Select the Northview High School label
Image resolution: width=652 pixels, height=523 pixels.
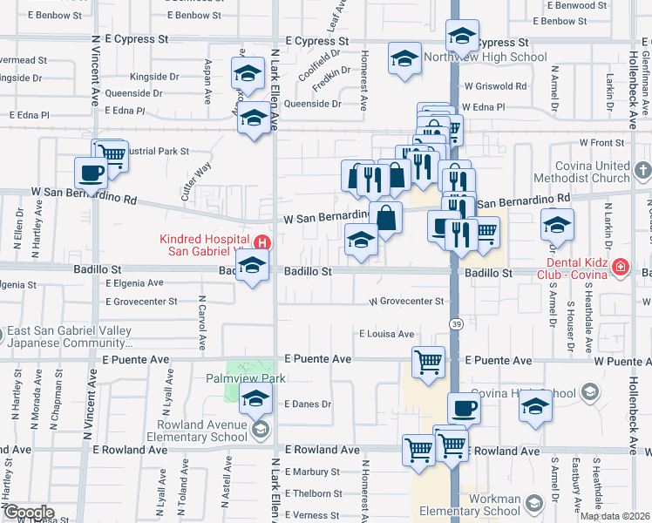485,58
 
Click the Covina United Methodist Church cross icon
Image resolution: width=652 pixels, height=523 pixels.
642,169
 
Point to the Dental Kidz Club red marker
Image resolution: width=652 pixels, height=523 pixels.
620,267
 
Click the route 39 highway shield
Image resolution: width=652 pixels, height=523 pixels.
456,323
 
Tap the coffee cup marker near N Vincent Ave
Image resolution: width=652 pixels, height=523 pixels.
91,173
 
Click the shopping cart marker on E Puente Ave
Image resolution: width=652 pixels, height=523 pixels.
427,361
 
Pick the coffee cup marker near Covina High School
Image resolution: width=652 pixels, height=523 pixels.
464,408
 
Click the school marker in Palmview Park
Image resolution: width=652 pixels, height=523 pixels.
255,401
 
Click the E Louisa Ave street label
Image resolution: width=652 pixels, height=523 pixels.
386,334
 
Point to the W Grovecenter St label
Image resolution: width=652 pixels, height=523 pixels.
406,301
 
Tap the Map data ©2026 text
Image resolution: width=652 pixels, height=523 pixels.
614,516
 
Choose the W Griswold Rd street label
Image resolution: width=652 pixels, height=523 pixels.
495,86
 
